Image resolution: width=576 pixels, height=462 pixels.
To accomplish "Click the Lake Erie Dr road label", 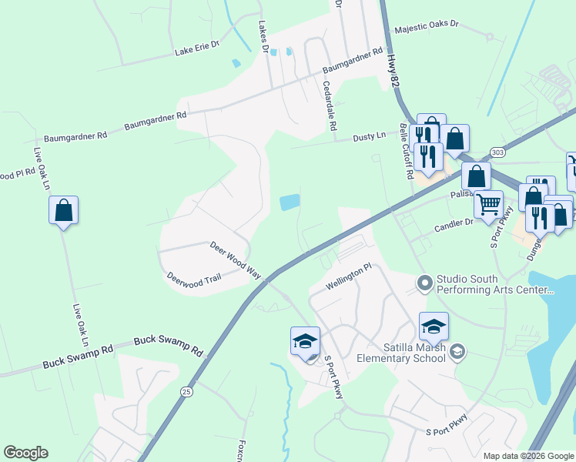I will point(197,49).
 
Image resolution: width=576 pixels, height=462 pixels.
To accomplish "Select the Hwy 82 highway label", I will point(395,70).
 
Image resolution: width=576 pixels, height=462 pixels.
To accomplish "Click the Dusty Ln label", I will point(369,136).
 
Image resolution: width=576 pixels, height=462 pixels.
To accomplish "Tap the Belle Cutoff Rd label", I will point(405,150).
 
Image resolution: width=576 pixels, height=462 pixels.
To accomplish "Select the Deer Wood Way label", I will point(236,259).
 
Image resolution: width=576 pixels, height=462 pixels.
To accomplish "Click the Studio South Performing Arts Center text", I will point(495,284).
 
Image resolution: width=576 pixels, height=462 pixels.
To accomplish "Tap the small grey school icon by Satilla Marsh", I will point(457,352).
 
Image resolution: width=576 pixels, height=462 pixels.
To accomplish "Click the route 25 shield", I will point(186,391).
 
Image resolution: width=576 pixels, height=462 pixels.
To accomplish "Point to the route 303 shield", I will point(497,152).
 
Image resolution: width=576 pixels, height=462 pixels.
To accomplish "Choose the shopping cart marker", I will point(488,205).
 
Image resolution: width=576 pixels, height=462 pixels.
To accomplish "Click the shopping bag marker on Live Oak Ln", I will point(63,210).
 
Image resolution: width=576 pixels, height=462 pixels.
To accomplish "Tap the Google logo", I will point(25,453).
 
